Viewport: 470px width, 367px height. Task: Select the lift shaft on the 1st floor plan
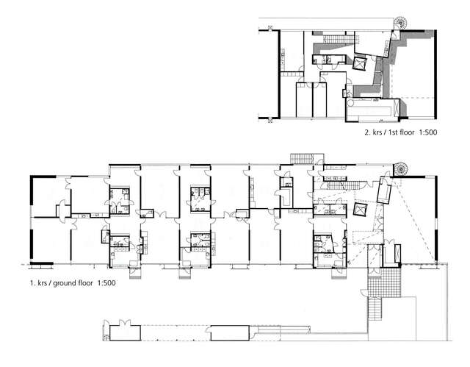[x=361, y=64]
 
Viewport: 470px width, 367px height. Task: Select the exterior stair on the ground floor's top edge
[x=302, y=158]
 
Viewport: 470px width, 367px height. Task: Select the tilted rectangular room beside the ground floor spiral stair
[x=383, y=192]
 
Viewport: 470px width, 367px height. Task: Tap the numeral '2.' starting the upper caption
[x=366, y=135]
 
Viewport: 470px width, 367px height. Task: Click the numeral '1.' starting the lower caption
[x=32, y=282]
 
